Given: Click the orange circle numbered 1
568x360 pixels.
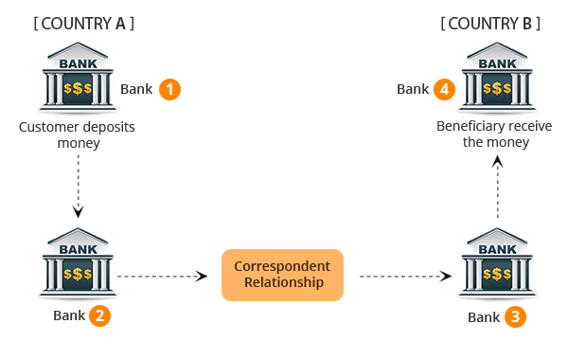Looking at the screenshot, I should click(169, 89).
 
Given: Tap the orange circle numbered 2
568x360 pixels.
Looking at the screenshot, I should click(99, 315).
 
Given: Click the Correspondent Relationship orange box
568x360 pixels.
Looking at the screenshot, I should click(282, 274).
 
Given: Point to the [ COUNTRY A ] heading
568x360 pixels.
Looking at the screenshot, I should click(82, 24).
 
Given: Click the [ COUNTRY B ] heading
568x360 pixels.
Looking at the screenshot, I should click(490, 24).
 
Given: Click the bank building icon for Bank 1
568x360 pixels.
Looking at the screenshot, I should click(78, 81).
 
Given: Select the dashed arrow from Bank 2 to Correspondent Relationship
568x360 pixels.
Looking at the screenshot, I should click(163, 276).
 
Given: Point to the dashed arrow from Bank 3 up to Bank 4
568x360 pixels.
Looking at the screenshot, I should click(497, 189).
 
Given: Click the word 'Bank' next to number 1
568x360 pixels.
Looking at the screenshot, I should click(136, 89).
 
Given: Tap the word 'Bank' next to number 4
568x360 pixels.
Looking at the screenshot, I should click(413, 89).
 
